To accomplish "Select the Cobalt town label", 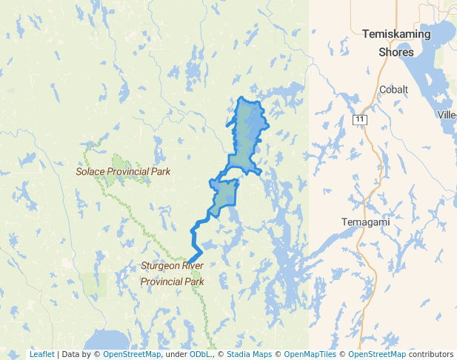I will [393, 90].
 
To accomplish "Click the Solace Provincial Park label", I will [123, 171].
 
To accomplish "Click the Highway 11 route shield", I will [360, 119].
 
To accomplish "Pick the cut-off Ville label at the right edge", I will [447, 115].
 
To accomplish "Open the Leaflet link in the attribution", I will [41, 354].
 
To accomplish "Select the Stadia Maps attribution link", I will [250, 354].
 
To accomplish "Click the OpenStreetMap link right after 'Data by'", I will [132, 354].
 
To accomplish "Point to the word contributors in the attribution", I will [430, 354].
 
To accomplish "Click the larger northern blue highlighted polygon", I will [247, 133].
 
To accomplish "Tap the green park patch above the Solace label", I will [119, 161].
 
